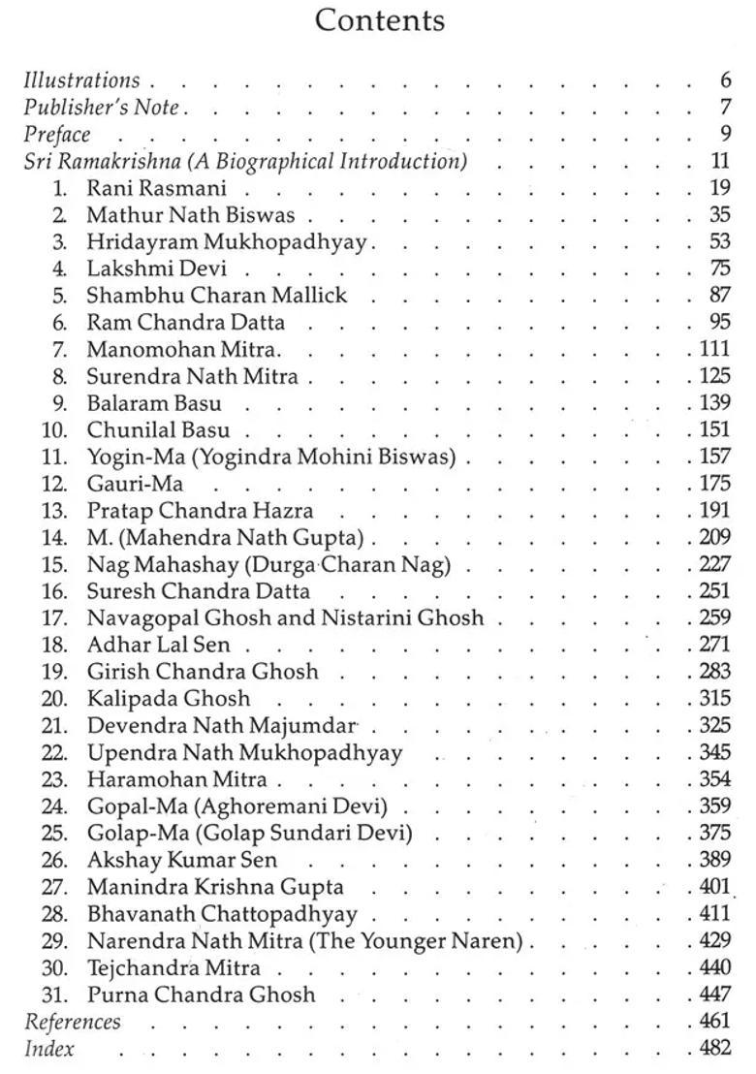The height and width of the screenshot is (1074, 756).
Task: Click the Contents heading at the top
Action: (379, 21)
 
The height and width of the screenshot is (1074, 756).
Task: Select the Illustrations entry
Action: (81, 80)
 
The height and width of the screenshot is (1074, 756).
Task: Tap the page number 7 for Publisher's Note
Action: (724, 108)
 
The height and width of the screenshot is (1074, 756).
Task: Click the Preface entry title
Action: (57, 135)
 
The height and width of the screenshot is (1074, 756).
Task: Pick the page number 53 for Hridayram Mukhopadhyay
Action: (719, 241)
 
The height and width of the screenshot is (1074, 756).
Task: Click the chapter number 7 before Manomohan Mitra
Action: (60, 349)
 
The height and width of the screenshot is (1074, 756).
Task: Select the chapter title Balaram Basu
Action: (154, 402)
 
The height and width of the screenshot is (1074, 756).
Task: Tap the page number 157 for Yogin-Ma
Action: (715, 456)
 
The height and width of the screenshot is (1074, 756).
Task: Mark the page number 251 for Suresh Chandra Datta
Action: (715, 590)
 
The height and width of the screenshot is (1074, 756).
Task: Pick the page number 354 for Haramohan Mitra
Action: (715, 778)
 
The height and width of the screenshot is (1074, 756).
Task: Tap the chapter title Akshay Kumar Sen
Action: (182, 859)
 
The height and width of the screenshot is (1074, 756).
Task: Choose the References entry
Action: (73, 1021)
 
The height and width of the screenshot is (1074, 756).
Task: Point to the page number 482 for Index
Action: (715, 1048)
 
